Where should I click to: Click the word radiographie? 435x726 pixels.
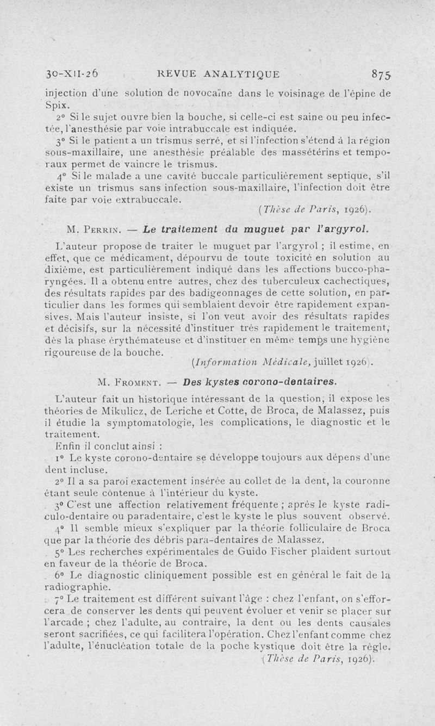click(76, 587)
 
